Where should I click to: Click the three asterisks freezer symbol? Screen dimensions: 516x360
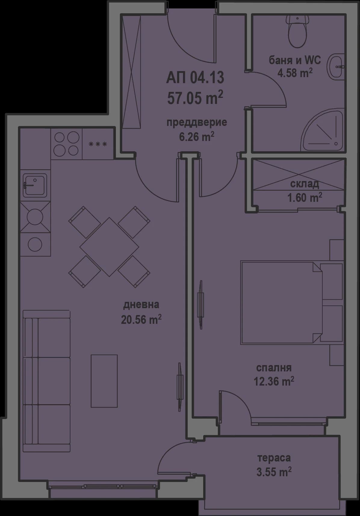pyautogui.click(x=98, y=144)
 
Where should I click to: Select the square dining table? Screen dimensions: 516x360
pyautogui.click(x=109, y=247)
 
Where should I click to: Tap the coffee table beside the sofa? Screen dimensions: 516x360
pyautogui.click(x=104, y=381)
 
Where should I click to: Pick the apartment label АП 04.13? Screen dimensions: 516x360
pyautogui.click(x=195, y=78)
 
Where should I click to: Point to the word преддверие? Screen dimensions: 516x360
pyautogui.click(x=197, y=123)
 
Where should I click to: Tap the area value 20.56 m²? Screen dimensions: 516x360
pyautogui.click(x=141, y=319)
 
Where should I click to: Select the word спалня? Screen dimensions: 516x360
pyautogui.click(x=274, y=368)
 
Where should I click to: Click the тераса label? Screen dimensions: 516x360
pyautogui.click(x=274, y=458)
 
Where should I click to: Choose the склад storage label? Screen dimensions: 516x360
pyautogui.click(x=304, y=184)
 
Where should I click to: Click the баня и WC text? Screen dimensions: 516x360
pyautogui.click(x=295, y=60)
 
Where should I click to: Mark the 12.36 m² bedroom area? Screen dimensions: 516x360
pyautogui.click(x=274, y=381)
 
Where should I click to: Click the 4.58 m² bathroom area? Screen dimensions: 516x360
pyautogui.click(x=295, y=73)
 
